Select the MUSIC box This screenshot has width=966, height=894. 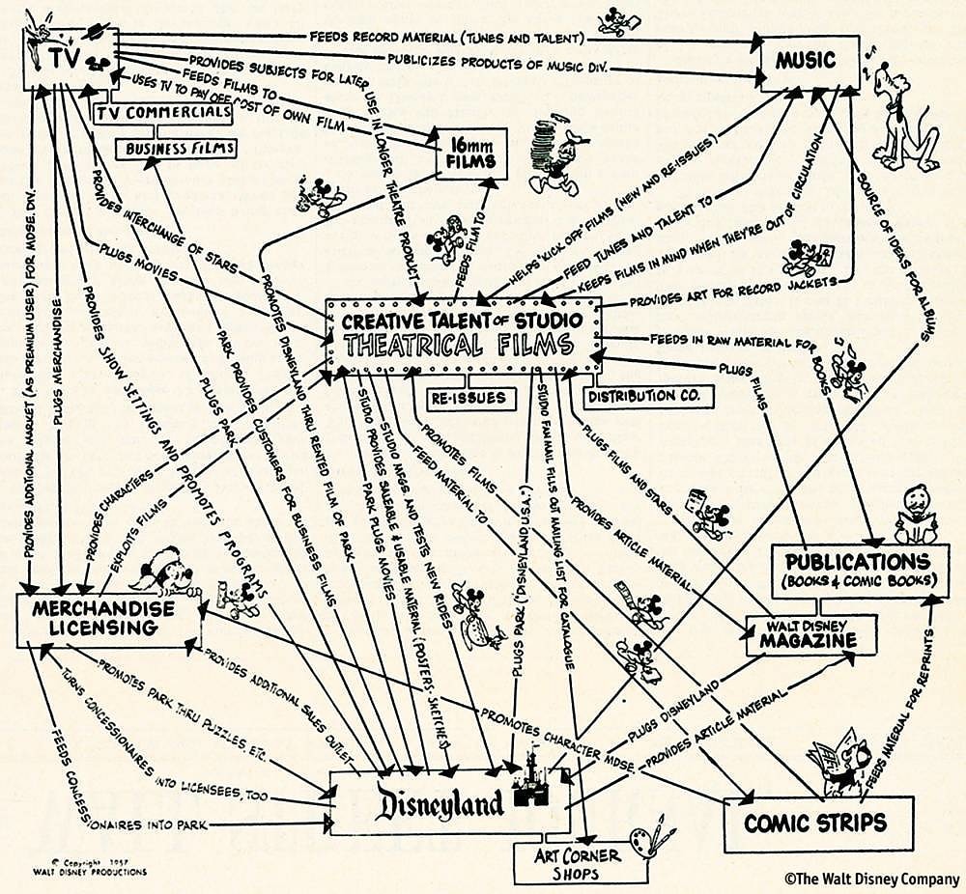pos(810,63)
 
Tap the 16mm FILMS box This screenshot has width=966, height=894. pos(472,153)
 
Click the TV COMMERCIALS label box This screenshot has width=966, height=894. pos(165,114)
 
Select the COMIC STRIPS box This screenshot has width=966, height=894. pos(816,823)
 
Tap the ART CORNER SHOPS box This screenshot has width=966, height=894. pos(566,864)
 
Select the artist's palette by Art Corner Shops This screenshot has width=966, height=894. pos(645,837)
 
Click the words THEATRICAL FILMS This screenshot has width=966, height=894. pos(459,346)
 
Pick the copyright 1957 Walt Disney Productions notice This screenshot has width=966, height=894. pos(100,866)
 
